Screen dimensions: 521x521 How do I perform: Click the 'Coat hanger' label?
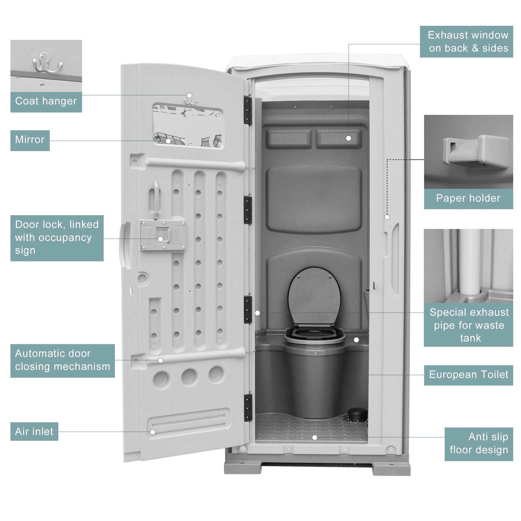46,101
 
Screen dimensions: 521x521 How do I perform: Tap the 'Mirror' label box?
30,140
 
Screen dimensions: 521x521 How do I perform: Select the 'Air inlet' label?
34,432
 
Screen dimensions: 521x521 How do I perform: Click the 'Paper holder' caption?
468,199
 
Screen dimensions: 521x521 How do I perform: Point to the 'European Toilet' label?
468,375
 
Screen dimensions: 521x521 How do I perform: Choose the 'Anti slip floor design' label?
479,444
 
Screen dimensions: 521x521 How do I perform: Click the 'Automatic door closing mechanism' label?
62,360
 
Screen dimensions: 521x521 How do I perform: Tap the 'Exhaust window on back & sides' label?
466,41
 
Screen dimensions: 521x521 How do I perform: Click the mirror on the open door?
187,125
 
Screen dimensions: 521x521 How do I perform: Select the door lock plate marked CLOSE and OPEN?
163,235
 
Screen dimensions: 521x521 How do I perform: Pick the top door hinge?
248,110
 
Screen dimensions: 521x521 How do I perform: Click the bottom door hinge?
248,407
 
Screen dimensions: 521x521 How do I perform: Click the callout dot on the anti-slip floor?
315,437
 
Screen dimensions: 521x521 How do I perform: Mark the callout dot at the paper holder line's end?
387,217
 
